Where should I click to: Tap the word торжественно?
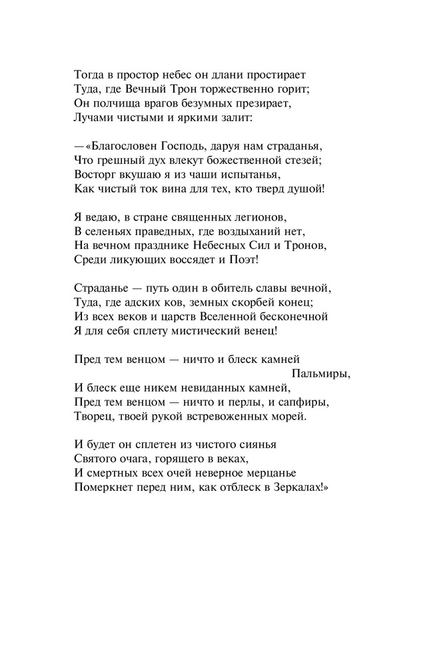tap(231, 89)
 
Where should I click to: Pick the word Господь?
tap(189, 145)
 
